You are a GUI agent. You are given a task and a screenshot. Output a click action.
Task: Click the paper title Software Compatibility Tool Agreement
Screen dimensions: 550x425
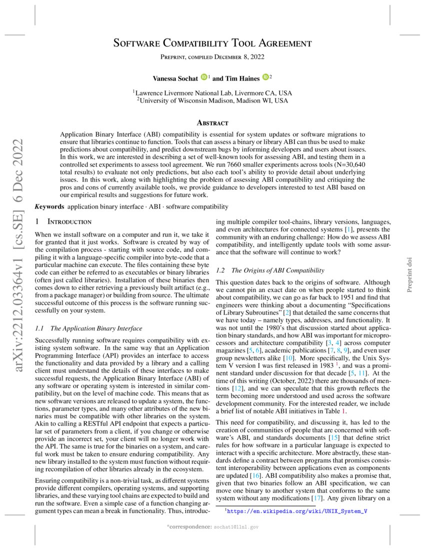(x=212, y=43)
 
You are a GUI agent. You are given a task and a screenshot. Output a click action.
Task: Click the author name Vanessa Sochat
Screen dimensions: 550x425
(x=175, y=78)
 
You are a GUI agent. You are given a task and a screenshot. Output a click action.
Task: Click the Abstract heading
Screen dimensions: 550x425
(x=212, y=122)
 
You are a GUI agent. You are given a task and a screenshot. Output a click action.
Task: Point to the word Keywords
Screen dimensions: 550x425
(x=49, y=206)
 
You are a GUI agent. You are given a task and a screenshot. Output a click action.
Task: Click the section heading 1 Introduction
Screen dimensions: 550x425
(x=62, y=221)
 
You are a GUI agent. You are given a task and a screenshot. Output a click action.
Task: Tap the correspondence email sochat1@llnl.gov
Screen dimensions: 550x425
(x=236, y=527)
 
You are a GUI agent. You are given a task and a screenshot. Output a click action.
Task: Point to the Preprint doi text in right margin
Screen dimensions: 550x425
(x=409, y=274)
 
